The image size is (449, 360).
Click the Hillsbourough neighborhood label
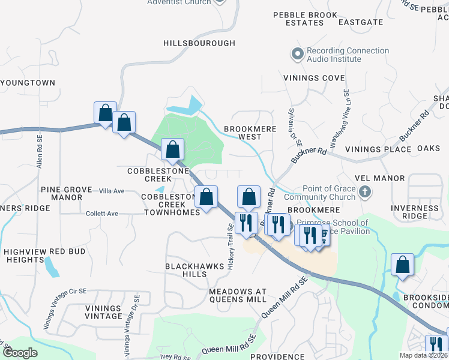[x=199, y=43]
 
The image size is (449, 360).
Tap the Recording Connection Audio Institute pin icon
[x=297, y=55]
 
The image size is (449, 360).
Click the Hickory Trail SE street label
[x=231, y=247]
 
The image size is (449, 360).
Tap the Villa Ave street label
[x=112, y=191]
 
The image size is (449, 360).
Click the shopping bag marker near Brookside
[x=402, y=264]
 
